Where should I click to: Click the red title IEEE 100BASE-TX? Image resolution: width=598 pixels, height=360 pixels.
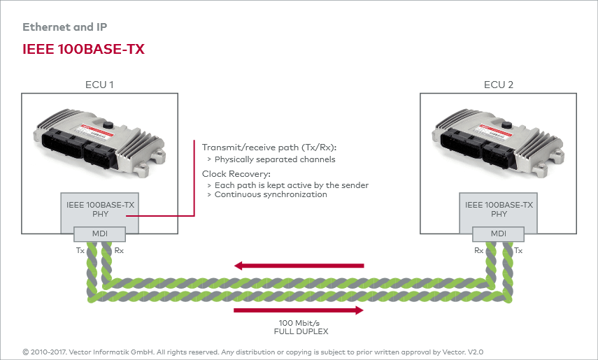(83, 49)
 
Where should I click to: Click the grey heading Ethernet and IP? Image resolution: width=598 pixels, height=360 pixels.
(65, 27)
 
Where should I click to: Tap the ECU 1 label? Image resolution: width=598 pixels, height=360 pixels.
(99, 85)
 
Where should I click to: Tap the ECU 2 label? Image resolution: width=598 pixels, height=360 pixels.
(499, 85)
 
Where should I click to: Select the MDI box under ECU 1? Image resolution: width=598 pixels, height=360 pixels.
(99, 233)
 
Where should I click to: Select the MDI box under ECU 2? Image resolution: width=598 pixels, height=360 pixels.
(498, 233)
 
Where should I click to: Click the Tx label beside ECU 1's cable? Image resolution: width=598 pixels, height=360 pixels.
(80, 250)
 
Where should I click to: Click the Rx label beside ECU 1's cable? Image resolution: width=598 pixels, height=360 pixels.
(119, 250)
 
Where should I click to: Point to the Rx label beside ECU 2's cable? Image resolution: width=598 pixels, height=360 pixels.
(478, 250)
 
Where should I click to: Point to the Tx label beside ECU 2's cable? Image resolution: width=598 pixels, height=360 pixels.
(518, 250)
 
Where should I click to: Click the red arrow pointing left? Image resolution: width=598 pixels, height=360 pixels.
(299, 266)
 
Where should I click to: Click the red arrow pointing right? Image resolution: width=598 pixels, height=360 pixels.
(299, 310)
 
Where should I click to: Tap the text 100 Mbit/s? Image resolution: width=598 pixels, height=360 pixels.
(299, 323)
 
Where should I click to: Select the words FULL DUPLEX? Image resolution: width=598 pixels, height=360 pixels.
(301, 332)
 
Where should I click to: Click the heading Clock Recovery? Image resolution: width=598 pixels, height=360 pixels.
(236, 174)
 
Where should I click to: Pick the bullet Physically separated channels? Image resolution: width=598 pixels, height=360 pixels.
(275, 159)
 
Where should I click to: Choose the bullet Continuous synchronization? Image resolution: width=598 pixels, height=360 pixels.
(271, 194)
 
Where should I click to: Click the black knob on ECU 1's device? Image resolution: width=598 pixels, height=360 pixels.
(108, 124)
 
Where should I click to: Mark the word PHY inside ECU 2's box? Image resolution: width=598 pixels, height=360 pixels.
(499, 215)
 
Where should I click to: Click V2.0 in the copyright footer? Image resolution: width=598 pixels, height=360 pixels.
(476, 352)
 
